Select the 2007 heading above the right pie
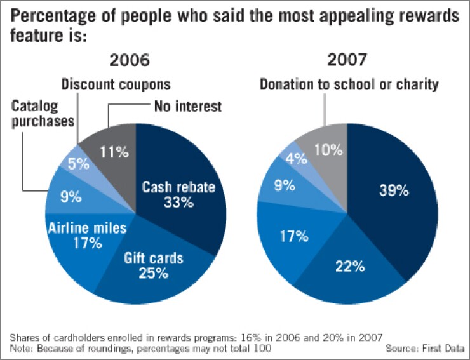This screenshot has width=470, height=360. [347, 60]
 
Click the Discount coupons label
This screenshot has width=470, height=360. [116, 84]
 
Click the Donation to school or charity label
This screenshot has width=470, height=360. [348, 84]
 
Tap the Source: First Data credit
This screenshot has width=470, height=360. [424, 349]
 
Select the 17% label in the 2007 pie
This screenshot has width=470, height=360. [293, 236]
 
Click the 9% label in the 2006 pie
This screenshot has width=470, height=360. [71, 197]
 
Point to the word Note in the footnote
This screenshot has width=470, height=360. [21, 349]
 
